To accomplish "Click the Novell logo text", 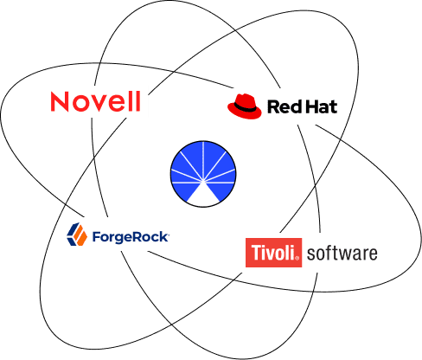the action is (x=95, y=101).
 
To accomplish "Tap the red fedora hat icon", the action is (x=245, y=106).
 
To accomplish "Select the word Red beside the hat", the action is (x=284, y=106).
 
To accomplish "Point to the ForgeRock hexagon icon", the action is (x=77, y=235).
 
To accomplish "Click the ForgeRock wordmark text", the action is (x=131, y=237).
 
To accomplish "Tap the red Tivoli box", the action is (x=273, y=253).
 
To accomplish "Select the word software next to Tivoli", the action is (x=342, y=254).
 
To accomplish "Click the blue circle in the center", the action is (x=203, y=174).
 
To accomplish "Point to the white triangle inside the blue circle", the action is (x=203, y=193).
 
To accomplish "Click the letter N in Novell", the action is (x=60, y=101).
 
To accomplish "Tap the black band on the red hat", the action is (x=245, y=108).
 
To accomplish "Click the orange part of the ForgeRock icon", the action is (x=80, y=236).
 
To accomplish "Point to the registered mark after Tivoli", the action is (x=297, y=259).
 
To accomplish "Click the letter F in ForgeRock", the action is (x=96, y=237).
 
